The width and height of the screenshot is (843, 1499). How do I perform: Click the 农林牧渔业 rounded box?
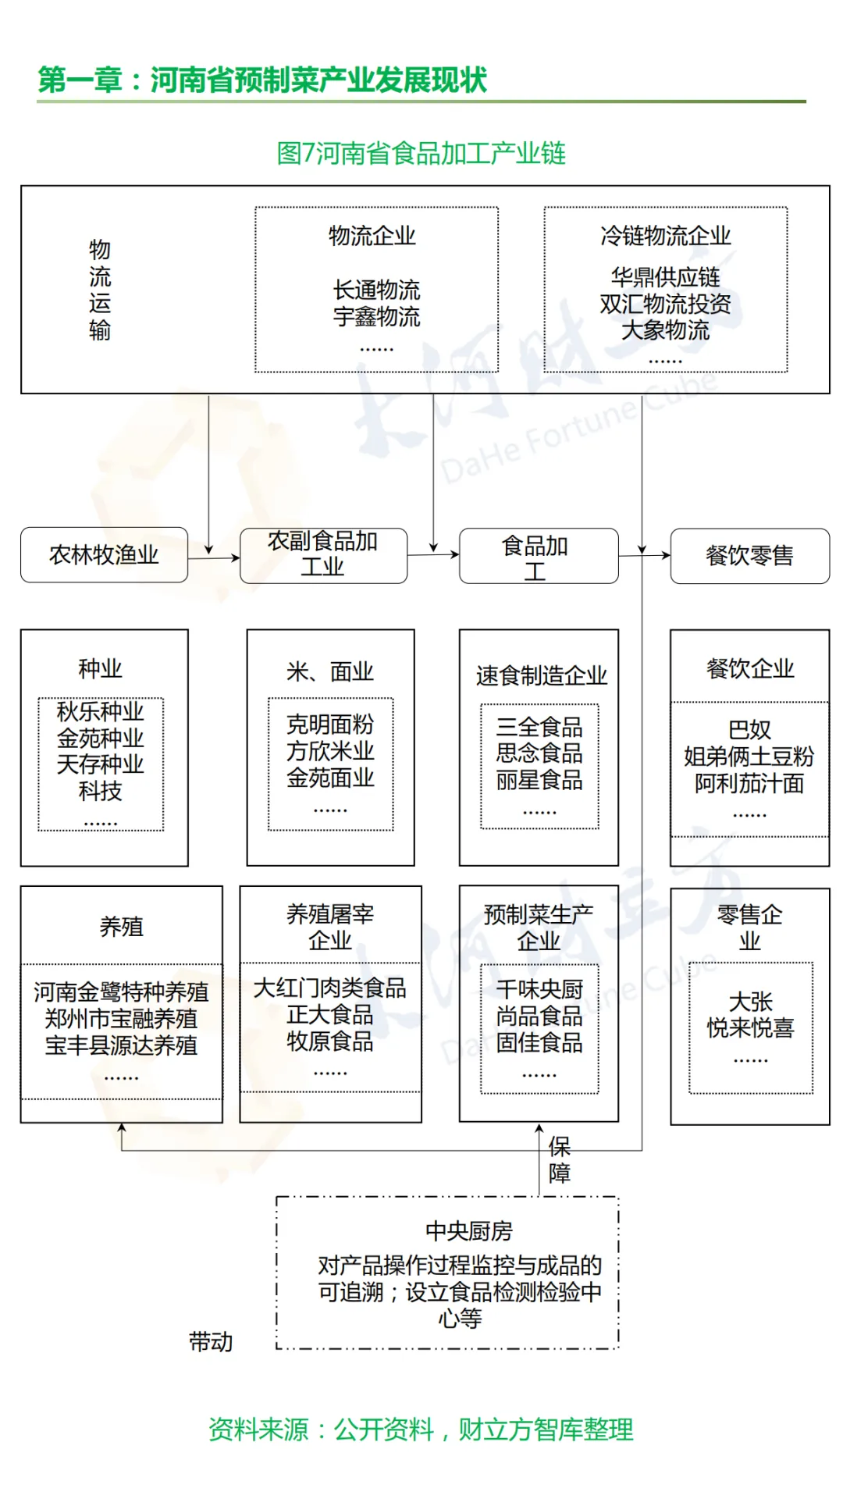[x=104, y=555]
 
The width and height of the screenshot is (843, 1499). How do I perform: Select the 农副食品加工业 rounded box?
[x=323, y=555]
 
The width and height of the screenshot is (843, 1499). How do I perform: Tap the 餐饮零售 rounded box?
[x=749, y=556]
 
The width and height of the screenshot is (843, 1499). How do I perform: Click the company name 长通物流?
[x=376, y=290]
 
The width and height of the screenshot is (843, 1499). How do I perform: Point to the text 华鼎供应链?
[x=665, y=277]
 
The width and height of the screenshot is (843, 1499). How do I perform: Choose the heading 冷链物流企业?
[x=665, y=236]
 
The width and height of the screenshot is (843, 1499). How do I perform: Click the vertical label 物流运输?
[x=100, y=290]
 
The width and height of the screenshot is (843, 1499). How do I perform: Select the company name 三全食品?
[x=539, y=727]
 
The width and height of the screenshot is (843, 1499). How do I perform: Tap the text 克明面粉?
[x=330, y=725]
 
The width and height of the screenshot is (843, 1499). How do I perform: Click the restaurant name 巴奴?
[x=749, y=730]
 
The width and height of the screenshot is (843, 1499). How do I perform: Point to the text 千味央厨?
[x=539, y=990]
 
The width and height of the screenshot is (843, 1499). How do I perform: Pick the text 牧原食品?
[x=330, y=1041]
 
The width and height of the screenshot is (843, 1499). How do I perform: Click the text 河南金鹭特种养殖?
[x=121, y=992]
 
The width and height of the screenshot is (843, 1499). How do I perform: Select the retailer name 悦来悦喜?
[x=750, y=1028]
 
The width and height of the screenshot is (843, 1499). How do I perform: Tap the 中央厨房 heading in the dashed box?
[x=468, y=1231]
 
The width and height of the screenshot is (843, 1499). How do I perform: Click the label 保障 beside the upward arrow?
[x=560, y=1159]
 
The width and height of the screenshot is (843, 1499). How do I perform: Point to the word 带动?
[x=211, y=1342]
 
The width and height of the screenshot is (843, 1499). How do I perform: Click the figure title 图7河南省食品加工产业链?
[x=421, y=153]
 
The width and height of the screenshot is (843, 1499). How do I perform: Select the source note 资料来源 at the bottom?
[x=421, y=1430]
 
